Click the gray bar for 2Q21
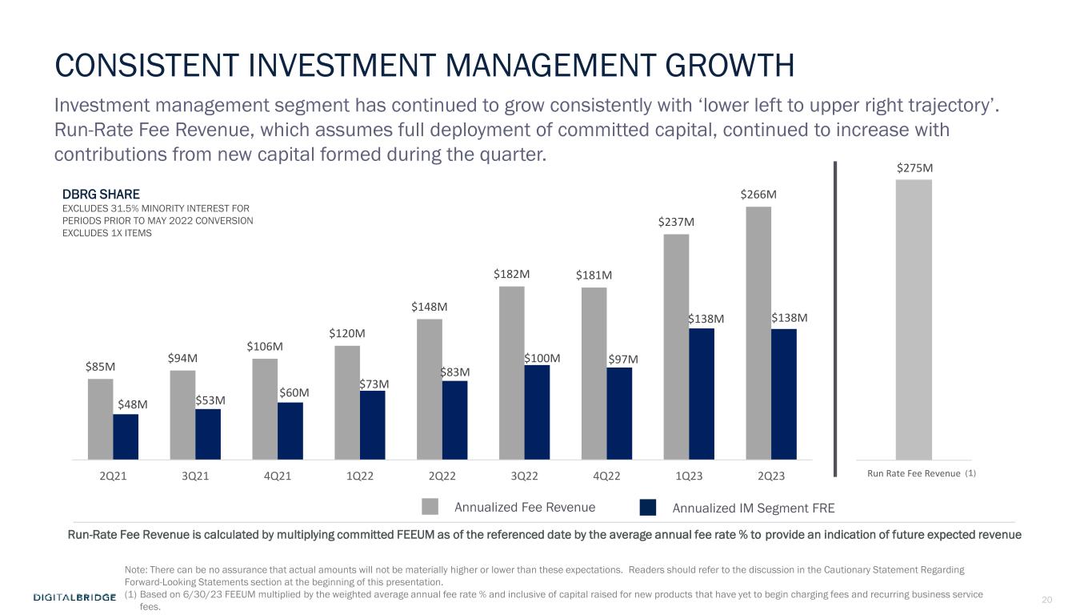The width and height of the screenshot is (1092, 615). (100, 419)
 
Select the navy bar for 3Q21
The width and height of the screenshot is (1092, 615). (208, 434)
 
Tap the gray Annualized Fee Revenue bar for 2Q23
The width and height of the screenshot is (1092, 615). (758, 333)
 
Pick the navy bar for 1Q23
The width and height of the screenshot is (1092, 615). (701, 394)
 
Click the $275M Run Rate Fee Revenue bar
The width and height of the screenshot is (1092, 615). (914, 320)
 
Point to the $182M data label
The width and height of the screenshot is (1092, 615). (510, 274)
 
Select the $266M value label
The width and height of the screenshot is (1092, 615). (758, 195)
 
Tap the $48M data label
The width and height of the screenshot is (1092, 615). (132, 404)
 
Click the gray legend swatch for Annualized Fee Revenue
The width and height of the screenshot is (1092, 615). (430, 506)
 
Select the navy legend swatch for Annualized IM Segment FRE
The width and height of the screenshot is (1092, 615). (648, 507)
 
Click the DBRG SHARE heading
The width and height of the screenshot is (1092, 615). (101, 195)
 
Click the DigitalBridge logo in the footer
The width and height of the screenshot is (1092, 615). (75, 597)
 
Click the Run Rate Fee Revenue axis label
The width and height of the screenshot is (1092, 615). (914, 473)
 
